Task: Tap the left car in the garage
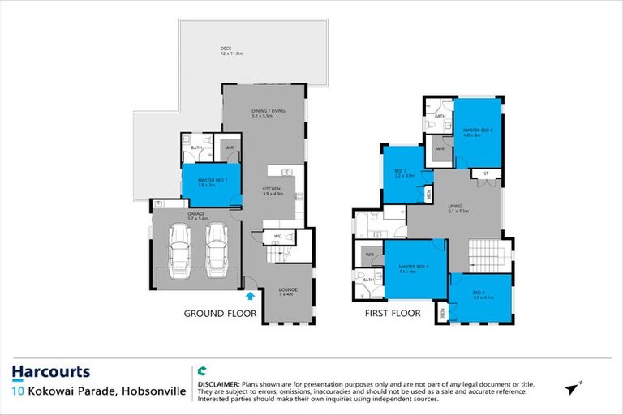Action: coord(179,248)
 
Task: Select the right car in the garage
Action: coord(216,248)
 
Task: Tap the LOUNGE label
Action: coord(286,292)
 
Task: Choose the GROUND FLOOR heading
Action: coord(220,313)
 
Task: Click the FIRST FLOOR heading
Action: coord(393,313)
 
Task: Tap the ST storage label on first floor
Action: coord(485,173)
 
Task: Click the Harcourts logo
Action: coord(51,372)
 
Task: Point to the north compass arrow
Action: coord(574,388)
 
